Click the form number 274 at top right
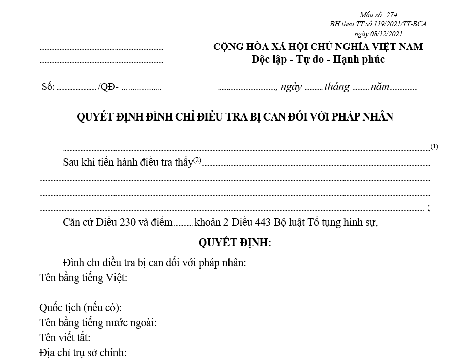coord(392,15)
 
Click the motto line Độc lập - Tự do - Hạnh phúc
coord(318,59)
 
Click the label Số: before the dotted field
coord(48,87)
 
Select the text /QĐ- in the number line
coord(109,87)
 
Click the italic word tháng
coord(336,86)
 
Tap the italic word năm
coord(380,86)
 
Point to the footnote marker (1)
coord(434,147)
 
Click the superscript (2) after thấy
coord(197,160)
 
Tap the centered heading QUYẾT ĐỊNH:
coord(235,243)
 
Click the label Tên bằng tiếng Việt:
coord(83,277)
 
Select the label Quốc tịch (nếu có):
coord(80,308)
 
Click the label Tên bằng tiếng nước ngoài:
coord(98,322)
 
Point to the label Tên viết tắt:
coord(65,337)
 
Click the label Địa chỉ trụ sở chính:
coord(83,352)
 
